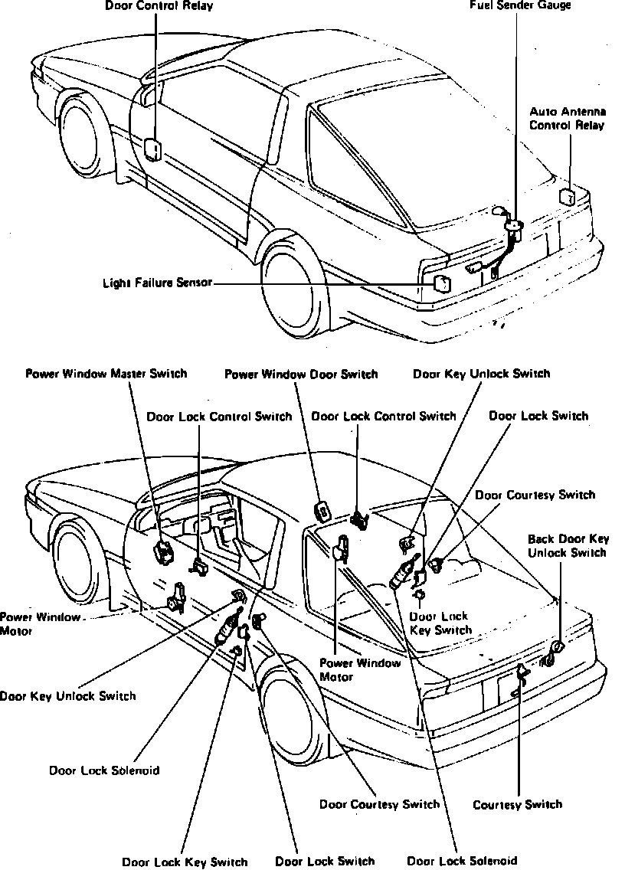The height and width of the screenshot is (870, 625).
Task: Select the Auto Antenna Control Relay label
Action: coord(567,119)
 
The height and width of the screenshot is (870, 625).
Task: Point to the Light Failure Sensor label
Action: coord(157,283)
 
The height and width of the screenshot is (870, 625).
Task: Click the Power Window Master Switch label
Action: coord(106,374)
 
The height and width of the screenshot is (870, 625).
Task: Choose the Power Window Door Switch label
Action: coord(301,374)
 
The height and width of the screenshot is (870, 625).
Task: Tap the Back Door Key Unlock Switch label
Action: coord(568,545)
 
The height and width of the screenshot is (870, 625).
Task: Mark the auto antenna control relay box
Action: coord(568,195)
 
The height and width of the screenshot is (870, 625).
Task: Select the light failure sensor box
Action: coord(442,283)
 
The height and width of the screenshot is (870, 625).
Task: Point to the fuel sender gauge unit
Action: coord(512,231)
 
